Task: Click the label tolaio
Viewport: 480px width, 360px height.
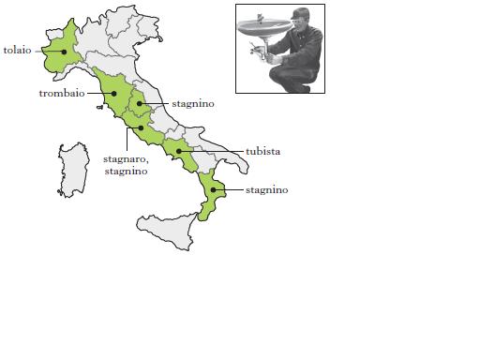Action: pyautogui.click(x=18, y=50)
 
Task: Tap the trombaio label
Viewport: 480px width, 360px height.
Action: pyautogui.click(x=62, y=94)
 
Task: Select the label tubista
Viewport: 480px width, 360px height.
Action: pyautogui.click(x=263, y=151)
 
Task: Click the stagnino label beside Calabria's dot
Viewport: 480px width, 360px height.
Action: pyautogui.click(x=266, y=190)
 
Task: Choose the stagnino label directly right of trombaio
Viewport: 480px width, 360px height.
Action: pyautogui.click(x=192, y=104)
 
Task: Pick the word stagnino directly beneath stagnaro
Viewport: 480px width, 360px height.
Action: pyautogui.click(x=126, y=172)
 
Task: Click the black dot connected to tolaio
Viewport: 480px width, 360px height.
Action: pyautogui.click(x=64, y=51)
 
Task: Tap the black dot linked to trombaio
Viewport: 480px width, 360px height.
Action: pyautogui.click(x=114, y=93)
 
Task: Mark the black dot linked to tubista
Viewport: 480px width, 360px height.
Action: pyautogui.click(x=177, y=150)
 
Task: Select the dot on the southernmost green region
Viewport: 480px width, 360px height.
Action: pyautogui.click(x=214, y=190)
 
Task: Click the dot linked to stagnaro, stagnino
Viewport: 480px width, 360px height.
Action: pyautogui.click(x=141, y=127)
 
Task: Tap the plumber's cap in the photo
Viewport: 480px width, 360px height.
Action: pyautogui.click(x=299, y=13)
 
